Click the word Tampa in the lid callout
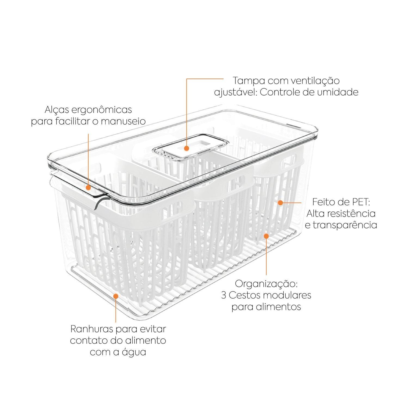click(x=249, y=81)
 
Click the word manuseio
click(x=123, y=121)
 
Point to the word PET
click(x=360, y=202)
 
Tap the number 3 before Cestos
click(x=224, y=295)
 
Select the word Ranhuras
click(x=92, y=329)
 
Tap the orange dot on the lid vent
click(x=186, y=148)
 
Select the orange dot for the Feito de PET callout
click(x=280, y=202)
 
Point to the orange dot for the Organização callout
click(x=266, y=236)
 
